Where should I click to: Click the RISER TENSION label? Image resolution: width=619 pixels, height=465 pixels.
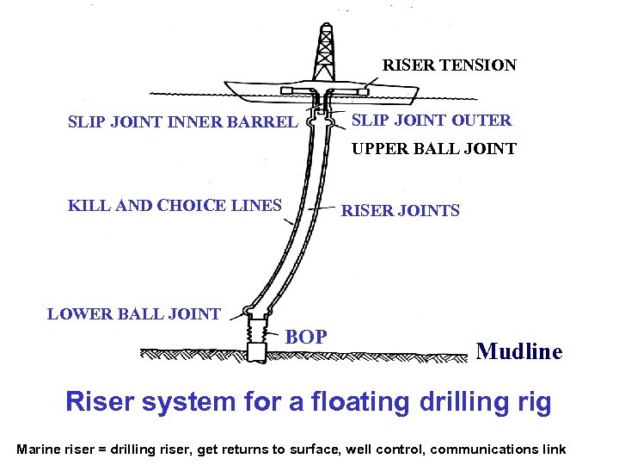pyautogui.click(x=449, y=65)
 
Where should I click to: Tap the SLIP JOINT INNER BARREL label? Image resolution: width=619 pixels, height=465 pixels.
pyautogui.click(x=181, y=121)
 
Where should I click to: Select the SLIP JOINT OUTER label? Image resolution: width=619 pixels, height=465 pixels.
pyautogui.click(x=432, y=121)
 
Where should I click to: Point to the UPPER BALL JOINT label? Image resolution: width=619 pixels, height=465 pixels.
pyautogui.click(x=433, y=149)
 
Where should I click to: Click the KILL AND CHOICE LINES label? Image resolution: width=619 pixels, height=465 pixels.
pyautogui.click(x=175, y=205)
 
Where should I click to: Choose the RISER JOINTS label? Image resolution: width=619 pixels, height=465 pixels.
pyautogui.click(x=401, y=211)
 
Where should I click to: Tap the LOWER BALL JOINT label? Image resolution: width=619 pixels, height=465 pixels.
pyautogui.click(x=133, y=314)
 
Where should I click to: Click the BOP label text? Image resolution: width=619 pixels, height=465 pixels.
pyautogui.click(x=306, y=337)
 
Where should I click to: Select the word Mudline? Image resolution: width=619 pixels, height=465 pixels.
pyautogui.click(x=518, y=351)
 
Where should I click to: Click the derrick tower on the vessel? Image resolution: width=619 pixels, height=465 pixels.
pyautogui.click(x=325, y=52)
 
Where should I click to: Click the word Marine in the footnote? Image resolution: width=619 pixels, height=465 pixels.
pyautogui.click(x=38, y=449)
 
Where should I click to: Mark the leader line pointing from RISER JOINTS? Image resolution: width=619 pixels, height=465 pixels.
pyautogui.click(x=320, y=210)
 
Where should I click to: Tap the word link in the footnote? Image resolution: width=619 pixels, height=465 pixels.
pyautogui.click(x=552, y=449)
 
